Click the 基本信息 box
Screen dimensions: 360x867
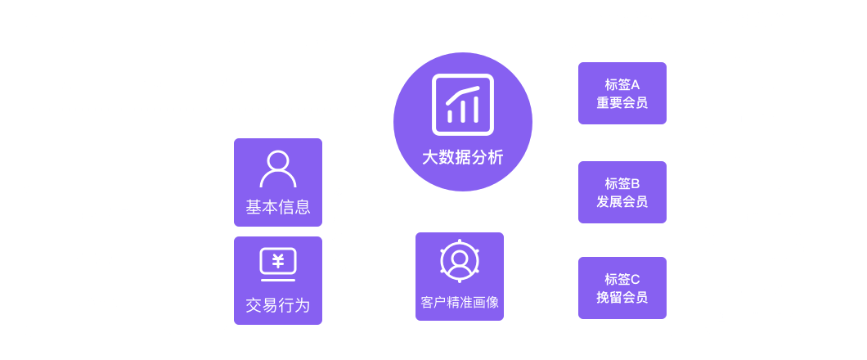(x=278, y=182)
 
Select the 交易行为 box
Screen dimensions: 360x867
(x=278, y=280)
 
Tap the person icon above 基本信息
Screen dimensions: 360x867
(x=278, y=169)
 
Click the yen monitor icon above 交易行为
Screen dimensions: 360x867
(x=278, y=262)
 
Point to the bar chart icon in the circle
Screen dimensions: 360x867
(x=463, y=105)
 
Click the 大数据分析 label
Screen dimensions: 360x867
(x=463, y=157)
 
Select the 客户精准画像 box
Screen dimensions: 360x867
(x=460, y=276)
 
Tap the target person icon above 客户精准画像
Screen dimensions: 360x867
(x=460, y=261)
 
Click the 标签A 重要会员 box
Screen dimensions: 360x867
(x=622, y=93)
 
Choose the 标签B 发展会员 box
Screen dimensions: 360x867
(x=622, y=192)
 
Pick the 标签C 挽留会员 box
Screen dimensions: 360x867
(x=622, y=288)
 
